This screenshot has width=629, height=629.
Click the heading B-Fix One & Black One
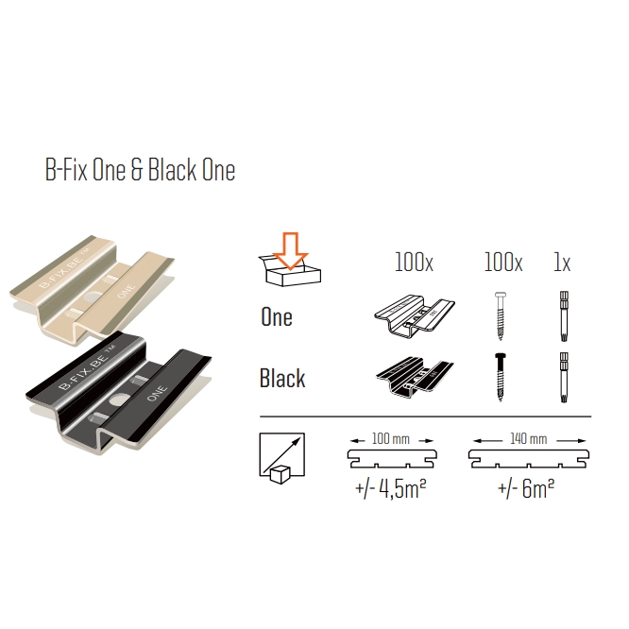coord(140,170)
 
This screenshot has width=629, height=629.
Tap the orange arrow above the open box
coord(291,250)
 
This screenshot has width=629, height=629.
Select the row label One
coord(277,317)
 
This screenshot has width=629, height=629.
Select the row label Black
coord(282,378)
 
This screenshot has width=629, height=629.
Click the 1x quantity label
coord(562,263)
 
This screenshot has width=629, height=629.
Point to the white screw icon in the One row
coord(501,315)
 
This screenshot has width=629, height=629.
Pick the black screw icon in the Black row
coord(501,377)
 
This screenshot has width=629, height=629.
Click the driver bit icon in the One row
coord(564,316)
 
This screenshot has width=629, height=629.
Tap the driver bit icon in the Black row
coord(564,378)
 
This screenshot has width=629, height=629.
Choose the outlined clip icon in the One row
coord(415,316)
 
